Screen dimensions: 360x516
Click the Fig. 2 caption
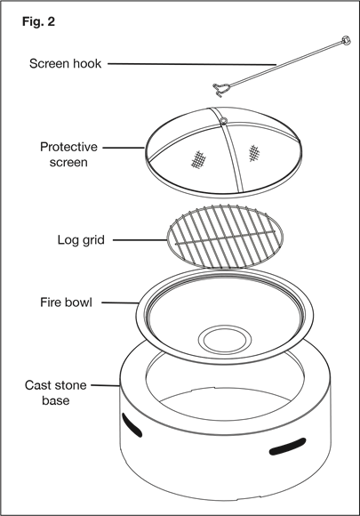(x=38, y=21)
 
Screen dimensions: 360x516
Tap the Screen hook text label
(x=65, y=63)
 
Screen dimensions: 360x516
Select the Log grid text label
(x=81, y=240)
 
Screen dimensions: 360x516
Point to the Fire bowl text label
(x=66, y=302)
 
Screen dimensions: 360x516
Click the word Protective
(x=68, y=147)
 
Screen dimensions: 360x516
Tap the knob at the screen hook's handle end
(x=346, y=40)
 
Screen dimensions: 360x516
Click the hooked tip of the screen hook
(x=220, y=90)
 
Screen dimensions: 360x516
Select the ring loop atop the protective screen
(x=224, y=121)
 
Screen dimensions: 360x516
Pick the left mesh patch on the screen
(x=198, y=159)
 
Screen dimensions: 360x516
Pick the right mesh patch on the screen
(x=253, y=153)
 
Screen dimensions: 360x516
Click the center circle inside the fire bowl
(x=225, y=340)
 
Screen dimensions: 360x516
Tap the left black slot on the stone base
(x=132, y=425)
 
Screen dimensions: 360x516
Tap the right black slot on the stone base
(x=287, y=447)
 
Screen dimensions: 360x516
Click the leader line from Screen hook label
(x=192, y=64)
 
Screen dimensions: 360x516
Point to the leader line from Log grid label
(x=140, y=240)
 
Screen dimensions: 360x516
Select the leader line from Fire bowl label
(x=120, y=302)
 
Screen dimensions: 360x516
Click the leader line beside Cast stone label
(x=106, y=384)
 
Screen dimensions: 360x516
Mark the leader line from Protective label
(x=124, y=148)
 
